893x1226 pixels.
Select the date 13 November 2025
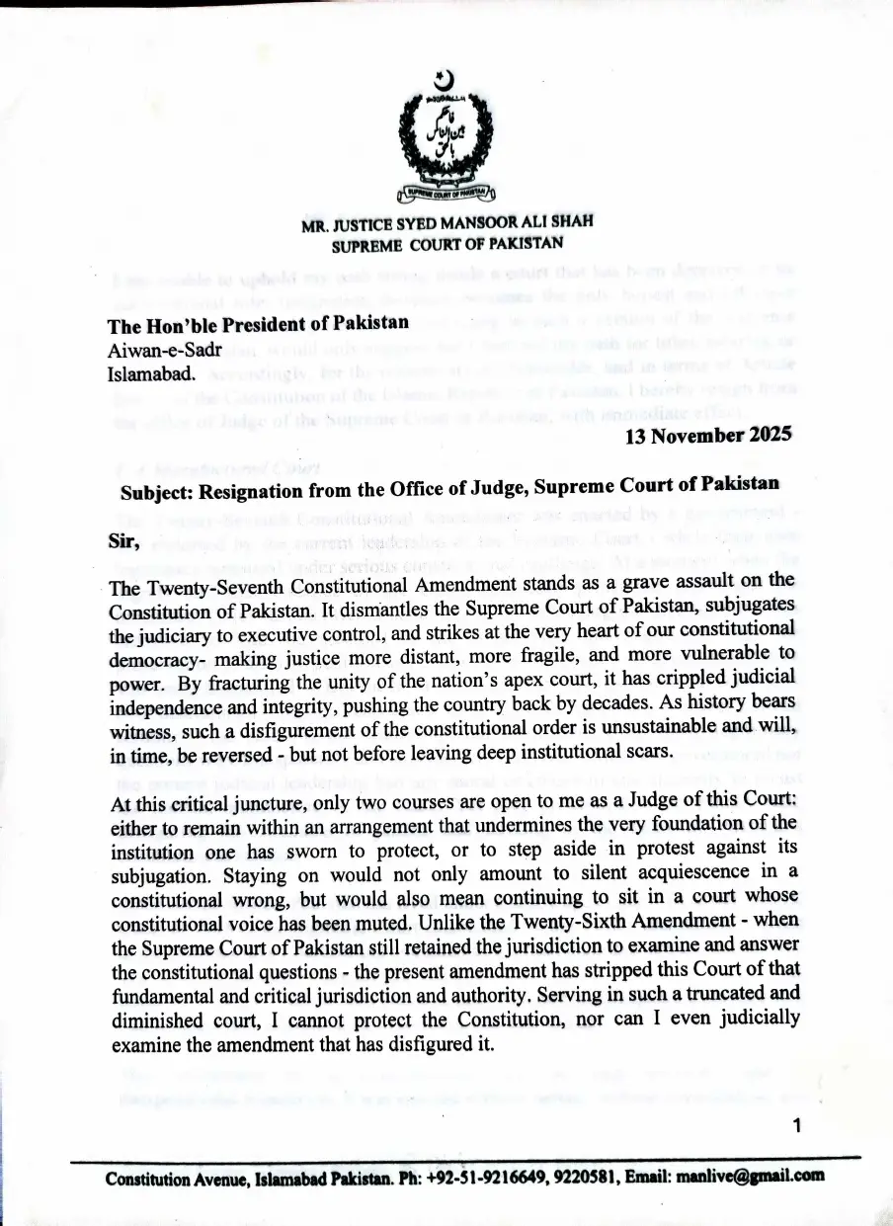708,437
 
